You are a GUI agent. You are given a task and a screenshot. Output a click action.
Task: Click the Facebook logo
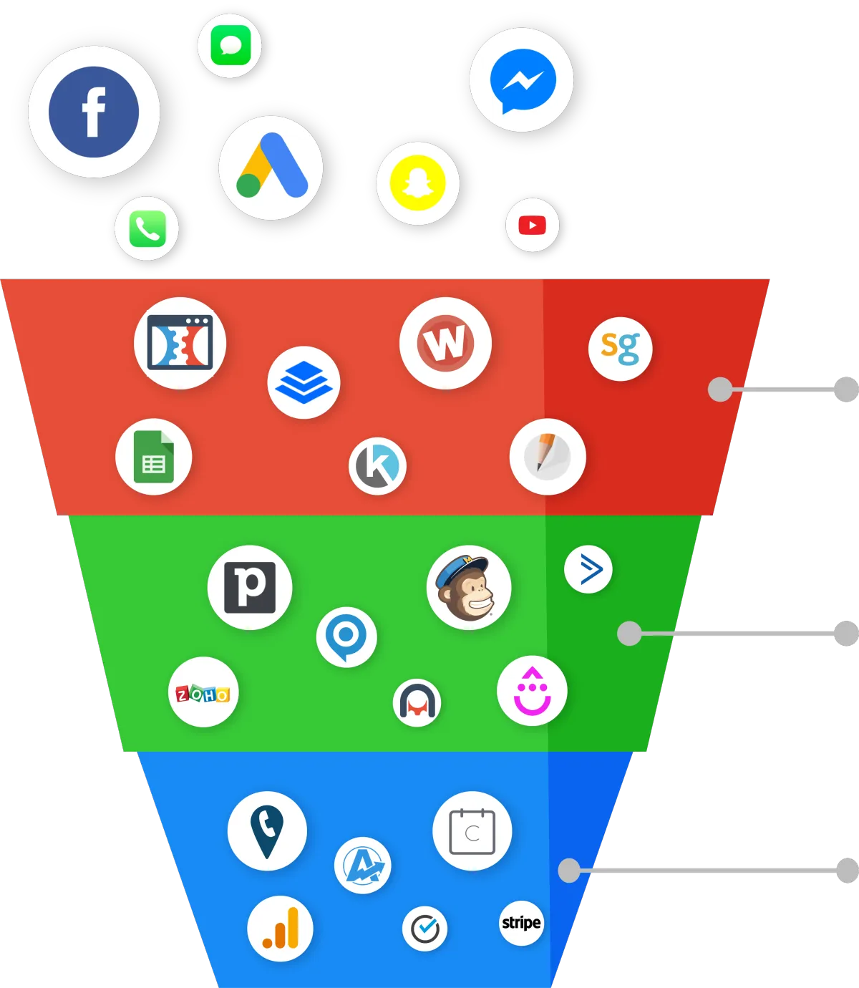click(94, 112)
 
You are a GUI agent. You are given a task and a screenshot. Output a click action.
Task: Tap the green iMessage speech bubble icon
click(230, 45)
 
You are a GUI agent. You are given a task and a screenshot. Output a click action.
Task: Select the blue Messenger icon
click(523, 81)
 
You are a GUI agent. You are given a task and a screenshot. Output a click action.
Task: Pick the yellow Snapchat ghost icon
click(417, 183)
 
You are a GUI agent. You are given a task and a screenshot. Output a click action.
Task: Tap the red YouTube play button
click(532, 225)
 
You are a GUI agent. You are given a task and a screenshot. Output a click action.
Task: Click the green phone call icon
click(147, 228)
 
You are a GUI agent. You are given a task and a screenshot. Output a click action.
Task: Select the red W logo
click(445, 343)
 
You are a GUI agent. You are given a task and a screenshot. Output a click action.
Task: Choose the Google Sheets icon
click(154, 456)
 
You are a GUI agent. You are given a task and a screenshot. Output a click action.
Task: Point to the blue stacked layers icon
click(304, 382)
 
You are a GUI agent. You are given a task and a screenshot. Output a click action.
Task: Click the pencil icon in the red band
click(547, 456)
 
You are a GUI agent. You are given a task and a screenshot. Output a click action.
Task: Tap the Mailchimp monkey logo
click(468, 587)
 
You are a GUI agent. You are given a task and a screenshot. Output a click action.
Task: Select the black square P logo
click(250, 587)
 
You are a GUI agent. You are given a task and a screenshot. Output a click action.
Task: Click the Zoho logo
click(203, 694)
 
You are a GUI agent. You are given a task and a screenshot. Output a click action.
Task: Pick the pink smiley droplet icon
click(532, 690)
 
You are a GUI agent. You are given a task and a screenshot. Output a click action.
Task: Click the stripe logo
click(521, 923)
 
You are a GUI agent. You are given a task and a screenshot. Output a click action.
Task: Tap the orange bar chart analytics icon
click(281, 928)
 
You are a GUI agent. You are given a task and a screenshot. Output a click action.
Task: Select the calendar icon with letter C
click(472, 831)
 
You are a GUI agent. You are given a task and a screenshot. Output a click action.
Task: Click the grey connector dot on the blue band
click(569, 870)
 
